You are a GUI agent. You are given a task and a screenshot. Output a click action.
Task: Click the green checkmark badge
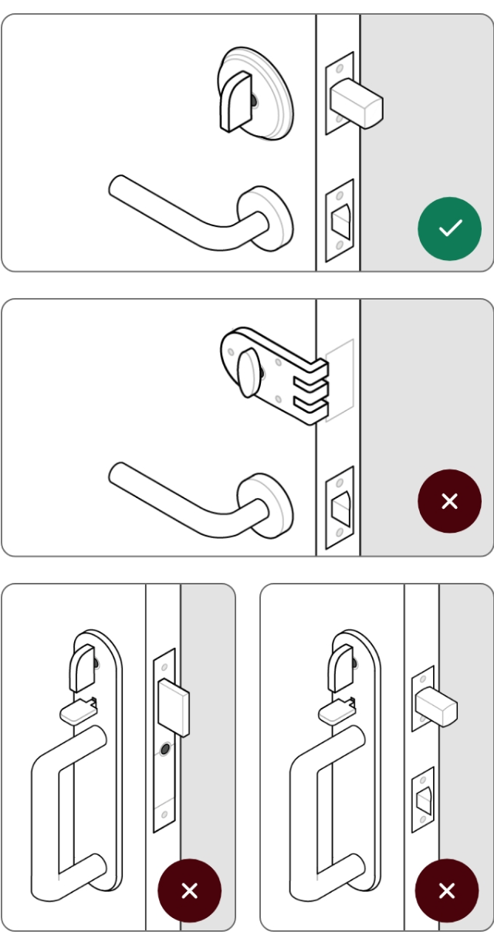pos(449,229)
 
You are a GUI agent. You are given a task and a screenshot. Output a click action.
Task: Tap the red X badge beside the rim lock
pos(449,501)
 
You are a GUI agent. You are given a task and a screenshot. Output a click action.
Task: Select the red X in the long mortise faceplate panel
pos(189,890)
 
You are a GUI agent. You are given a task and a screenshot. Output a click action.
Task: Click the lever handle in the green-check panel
pos(185,215)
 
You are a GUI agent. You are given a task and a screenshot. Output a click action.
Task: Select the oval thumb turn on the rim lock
pos(249,374)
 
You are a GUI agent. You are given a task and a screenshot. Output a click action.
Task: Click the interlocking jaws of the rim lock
pos(309,390)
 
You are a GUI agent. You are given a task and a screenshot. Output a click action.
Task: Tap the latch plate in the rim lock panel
pos(340,507)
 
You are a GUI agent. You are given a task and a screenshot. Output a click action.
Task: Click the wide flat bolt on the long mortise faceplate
pos(173,706)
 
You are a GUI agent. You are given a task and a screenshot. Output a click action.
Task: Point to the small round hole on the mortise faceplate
pos(163,750)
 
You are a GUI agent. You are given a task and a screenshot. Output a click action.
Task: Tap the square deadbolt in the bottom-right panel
pos(435,706)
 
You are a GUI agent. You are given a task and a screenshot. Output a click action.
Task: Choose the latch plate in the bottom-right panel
pos(422,799)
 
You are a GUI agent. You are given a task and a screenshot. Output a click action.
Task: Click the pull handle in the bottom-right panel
pos(324,811)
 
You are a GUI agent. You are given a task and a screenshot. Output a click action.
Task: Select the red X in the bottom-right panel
pos(447,890)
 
